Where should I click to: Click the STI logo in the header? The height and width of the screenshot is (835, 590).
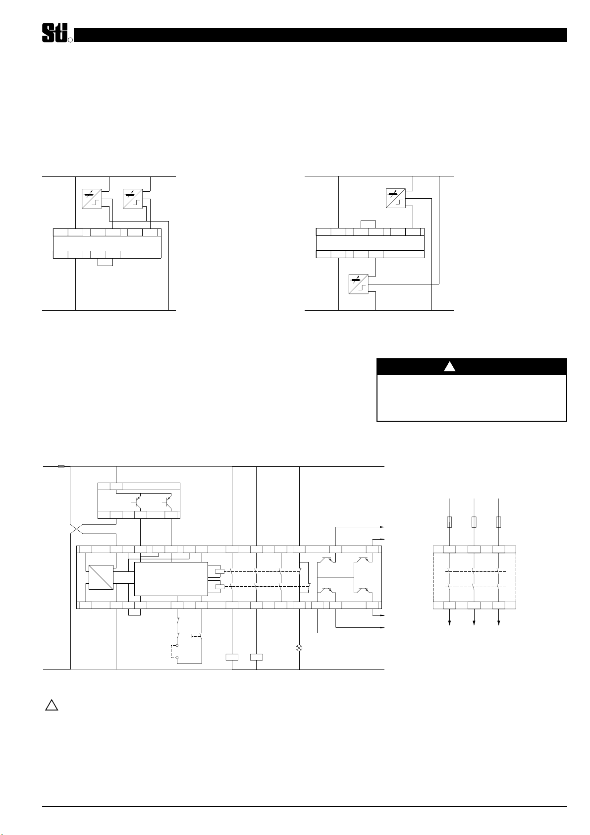pyautogui.click(x=57, y=33)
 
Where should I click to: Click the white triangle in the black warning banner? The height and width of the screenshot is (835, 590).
pyautogui.click(x=449, y=366)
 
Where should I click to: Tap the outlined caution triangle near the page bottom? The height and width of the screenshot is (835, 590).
pyautogui.click(x=52, y=705)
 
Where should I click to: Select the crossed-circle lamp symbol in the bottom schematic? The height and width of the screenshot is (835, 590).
pyautogui.click(x=299, y=648)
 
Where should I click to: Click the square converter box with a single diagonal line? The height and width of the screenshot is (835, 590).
pyautogui.click(x=101, y=577)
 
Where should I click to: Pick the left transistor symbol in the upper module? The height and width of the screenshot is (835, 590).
pyautogui.click(x=137, y=502)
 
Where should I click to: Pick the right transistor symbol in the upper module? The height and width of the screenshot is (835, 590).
pyautogui.click(x=168, y=502)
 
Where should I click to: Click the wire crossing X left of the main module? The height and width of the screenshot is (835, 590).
pyautogui.click(x=76, y=529)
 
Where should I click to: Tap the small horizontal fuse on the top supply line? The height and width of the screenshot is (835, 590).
pyautogui.click(x=61, y=466)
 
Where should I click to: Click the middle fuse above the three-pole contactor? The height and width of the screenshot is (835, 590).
pyautogui.click(x=474, y=522)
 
